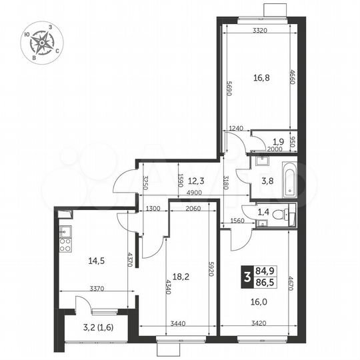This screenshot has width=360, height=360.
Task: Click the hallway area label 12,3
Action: (195, 179)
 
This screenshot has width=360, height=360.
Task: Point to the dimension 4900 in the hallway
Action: (195, 193)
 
